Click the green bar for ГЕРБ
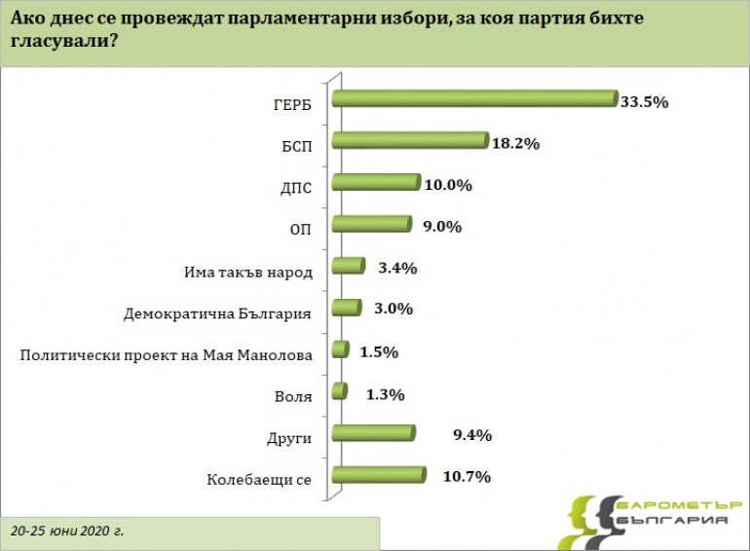(474, 98)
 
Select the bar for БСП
(409, 140)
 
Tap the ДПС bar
(376, 182)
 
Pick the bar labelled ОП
(371, 224)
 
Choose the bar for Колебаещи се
(379, 475)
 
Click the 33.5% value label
(644, 100)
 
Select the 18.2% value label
(514, 142)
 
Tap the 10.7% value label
(465, 477)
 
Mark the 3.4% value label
(391, 267)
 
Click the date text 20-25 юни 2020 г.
(68, 533)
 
